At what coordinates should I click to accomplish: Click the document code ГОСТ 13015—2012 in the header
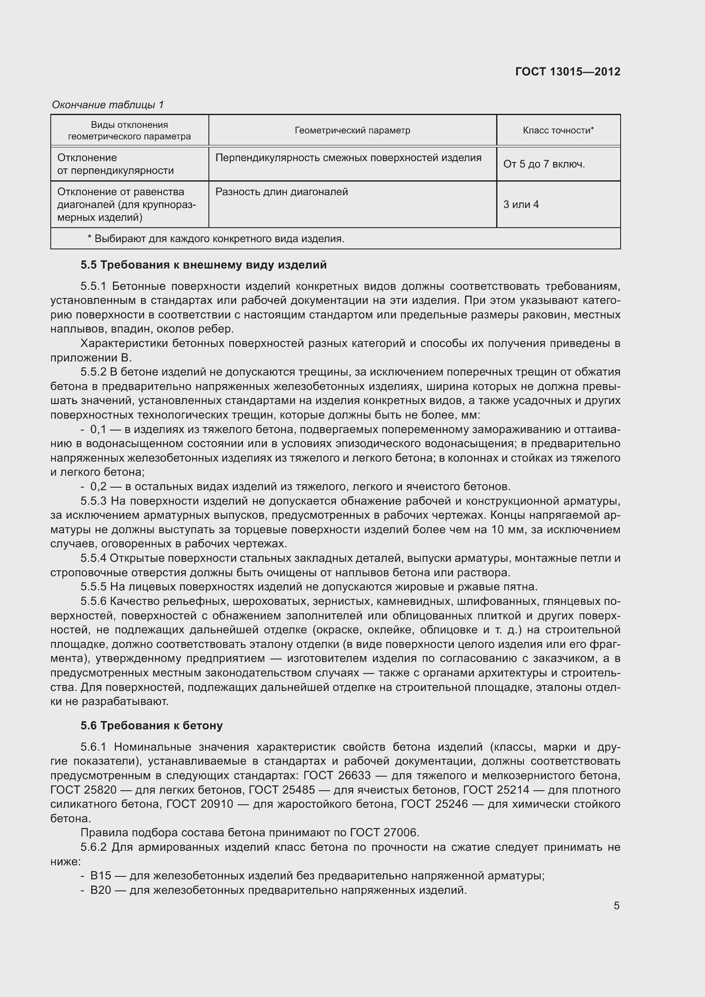567,72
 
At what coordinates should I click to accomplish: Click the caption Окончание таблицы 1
108,105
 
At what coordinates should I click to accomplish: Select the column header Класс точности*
558,130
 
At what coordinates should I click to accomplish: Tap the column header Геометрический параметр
352,130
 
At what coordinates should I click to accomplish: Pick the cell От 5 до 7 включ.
544,164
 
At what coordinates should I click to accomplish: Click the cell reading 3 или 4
521,205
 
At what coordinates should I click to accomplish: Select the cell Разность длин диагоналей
282,192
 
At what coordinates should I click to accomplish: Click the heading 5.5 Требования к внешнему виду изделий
203,265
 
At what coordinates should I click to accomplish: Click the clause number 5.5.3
93,501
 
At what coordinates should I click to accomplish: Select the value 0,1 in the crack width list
98,430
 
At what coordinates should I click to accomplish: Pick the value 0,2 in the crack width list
98,486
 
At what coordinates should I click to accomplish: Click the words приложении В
91,358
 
